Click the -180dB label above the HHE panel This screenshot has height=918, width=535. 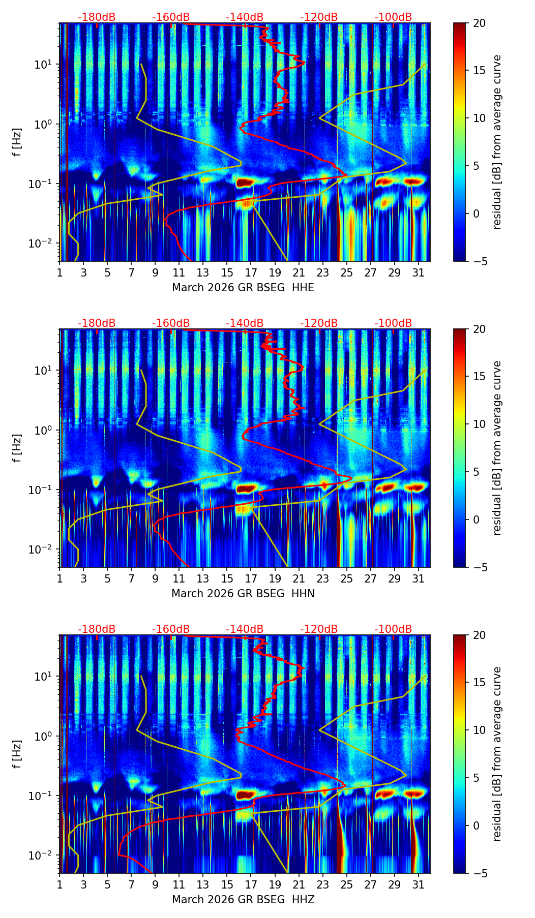pyautogui.click(x=97, y=17)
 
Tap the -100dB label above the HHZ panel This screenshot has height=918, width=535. pyautogui.click(x=393, y=629)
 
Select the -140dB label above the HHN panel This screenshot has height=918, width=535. pyautogui.click(x=245, y=323)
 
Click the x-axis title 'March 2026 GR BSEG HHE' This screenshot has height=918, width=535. pyautogui.click(x=243, y=288)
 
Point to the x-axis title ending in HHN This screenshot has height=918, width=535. pyautogui.click(x=243, y=594)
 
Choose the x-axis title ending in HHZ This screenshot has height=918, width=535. pyautogui.click(x=243, y=900)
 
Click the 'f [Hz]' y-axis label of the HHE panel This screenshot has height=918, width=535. pyautogui.click(x=17, y=142)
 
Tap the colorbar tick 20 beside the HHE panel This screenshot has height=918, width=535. pyautogui.click(x=479, y=23)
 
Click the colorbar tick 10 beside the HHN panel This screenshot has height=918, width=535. pyautogui.click(x=479, y=424)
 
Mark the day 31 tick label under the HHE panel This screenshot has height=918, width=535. pyautogui.click(x=418, y=272)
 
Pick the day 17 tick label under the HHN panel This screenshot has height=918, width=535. pyautogui.click(x=251, y=578)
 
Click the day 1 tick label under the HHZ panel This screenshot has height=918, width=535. pyautogui.click(x=60, y=884)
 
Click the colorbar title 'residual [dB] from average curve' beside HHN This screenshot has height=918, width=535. pyautogui.click(x=497, y=448)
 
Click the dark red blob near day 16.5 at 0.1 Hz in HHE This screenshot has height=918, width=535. pyautogui.click(x=245, y=182)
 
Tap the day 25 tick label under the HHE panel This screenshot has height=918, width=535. pyautogui.click(x=346, y=272)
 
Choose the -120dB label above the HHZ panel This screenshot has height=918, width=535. pyautogui.click(x=319, y=629)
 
